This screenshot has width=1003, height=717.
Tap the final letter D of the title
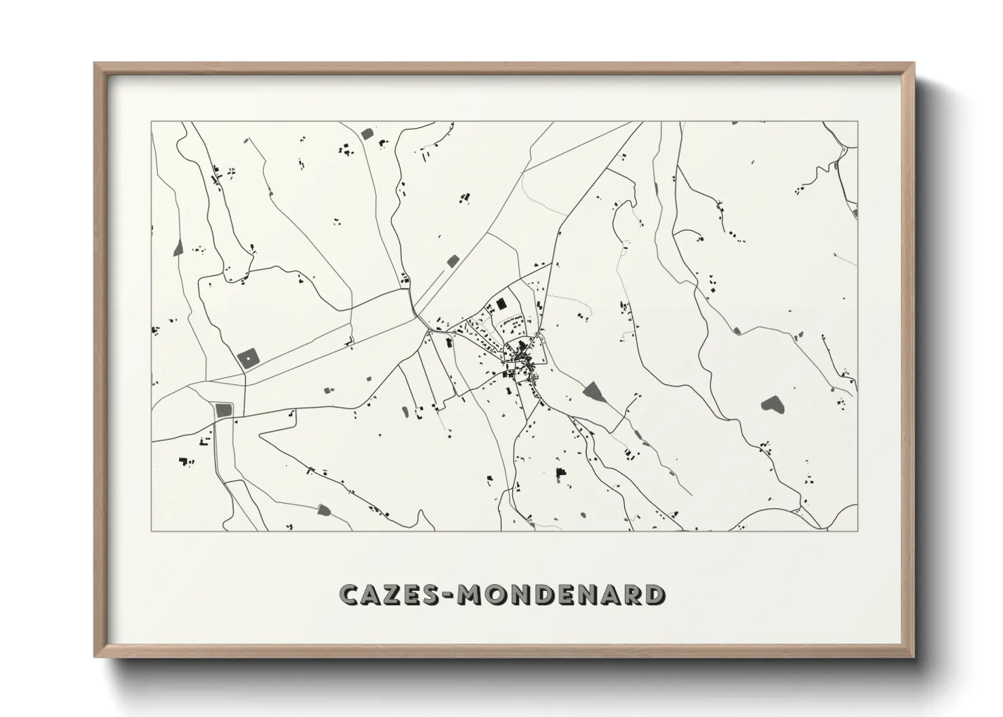[x=654, y=594]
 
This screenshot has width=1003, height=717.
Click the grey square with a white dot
[x=248, y=357]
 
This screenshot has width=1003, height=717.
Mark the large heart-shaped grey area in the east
[x=771, y=405]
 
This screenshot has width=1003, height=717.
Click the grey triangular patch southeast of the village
[x=594, y=391]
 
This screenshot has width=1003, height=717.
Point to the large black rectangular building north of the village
[x=501, y=304]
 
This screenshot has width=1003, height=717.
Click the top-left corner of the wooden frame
[x=96, y=64]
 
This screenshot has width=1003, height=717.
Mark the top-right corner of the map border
[x=858, y=122]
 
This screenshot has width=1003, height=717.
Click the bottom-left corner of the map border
[x=151, y=531]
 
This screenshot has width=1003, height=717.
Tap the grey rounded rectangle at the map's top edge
[x=367, y=134]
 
